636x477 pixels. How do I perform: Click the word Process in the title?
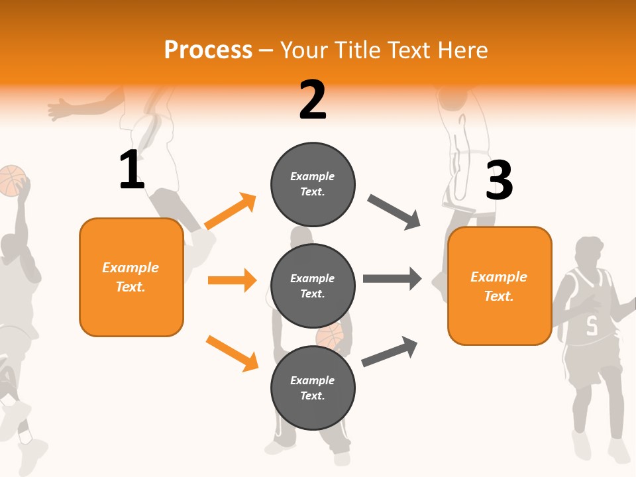coord(208,50)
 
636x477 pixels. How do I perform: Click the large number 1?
coord(132,170)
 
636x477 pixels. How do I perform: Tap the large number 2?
coord(313,100)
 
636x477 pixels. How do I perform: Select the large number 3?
coord(499,180)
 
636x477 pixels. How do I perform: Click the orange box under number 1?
coord(131,277)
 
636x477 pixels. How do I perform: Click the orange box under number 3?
coord(500,286)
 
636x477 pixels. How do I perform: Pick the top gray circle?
coord(313,184)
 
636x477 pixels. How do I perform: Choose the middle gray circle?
coord(313,286)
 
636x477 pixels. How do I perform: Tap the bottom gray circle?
coord(313,388)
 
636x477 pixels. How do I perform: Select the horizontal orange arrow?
coord(232,280)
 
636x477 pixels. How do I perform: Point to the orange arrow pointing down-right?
coord(232,353)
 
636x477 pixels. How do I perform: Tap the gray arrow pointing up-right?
coord(390,351)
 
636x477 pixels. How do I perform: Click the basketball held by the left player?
coord(12,181)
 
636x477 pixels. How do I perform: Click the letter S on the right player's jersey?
coord(592,325)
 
